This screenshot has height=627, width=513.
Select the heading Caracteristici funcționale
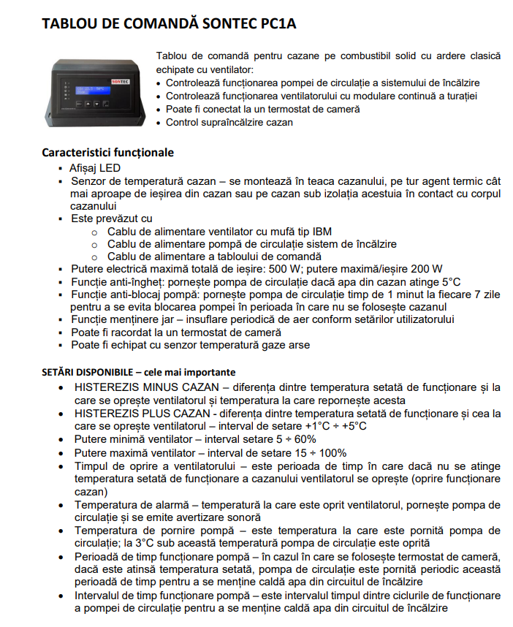point(107,153)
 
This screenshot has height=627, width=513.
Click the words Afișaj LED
point(95,168)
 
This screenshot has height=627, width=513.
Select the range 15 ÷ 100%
point(311,452)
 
